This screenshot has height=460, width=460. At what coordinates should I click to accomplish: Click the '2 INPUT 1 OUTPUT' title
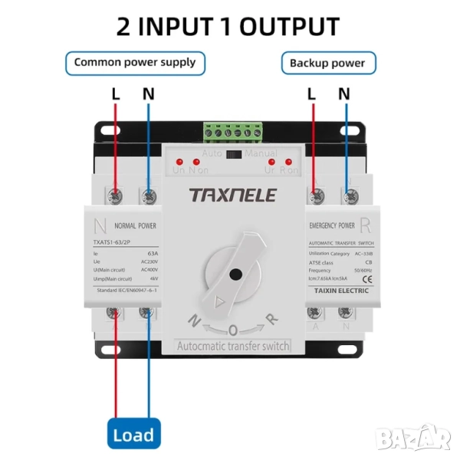point(228,26)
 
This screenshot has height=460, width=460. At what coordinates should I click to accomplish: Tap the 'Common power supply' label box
point(134,62)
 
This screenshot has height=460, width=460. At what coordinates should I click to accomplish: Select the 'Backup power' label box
point(327,63)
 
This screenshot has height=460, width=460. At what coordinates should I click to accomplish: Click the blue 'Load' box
point(133,435)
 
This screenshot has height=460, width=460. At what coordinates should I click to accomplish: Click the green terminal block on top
point(232,133)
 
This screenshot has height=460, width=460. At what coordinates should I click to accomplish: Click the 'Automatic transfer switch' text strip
point(233,347)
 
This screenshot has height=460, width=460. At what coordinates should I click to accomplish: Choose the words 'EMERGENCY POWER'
point(332,226)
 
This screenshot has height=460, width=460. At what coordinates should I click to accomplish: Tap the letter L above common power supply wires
point(116,94)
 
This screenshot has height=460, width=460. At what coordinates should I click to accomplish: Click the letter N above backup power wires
point(344,94)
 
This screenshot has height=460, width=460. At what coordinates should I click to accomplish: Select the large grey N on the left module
point(100,226)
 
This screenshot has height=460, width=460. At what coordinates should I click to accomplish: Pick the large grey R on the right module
point(365,226)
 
